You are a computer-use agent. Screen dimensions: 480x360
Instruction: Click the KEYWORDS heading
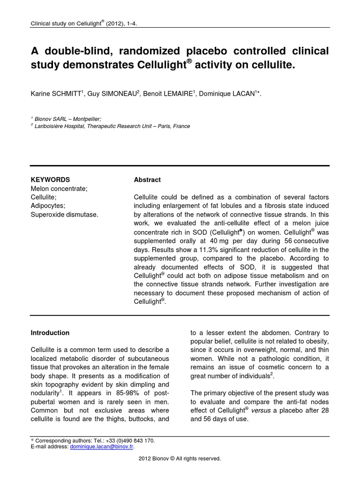[x=50, y=180]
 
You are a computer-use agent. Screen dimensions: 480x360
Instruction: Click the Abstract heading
[x=147, y=180]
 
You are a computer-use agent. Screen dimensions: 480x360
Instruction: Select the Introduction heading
[x=50, y=333]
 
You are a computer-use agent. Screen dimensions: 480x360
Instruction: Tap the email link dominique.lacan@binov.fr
[x=102, y=447]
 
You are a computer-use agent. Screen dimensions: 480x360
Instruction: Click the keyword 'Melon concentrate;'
[x=59, y=188]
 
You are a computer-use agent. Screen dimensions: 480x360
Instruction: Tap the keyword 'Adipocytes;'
[x=48, y=206]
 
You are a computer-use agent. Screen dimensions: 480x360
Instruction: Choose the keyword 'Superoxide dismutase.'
[x=65, y=215]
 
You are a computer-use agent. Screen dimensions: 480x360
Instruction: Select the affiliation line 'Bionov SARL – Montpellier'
[x=67, y=119]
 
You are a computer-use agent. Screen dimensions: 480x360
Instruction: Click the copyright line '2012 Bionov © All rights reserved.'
[x=180, y=458]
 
